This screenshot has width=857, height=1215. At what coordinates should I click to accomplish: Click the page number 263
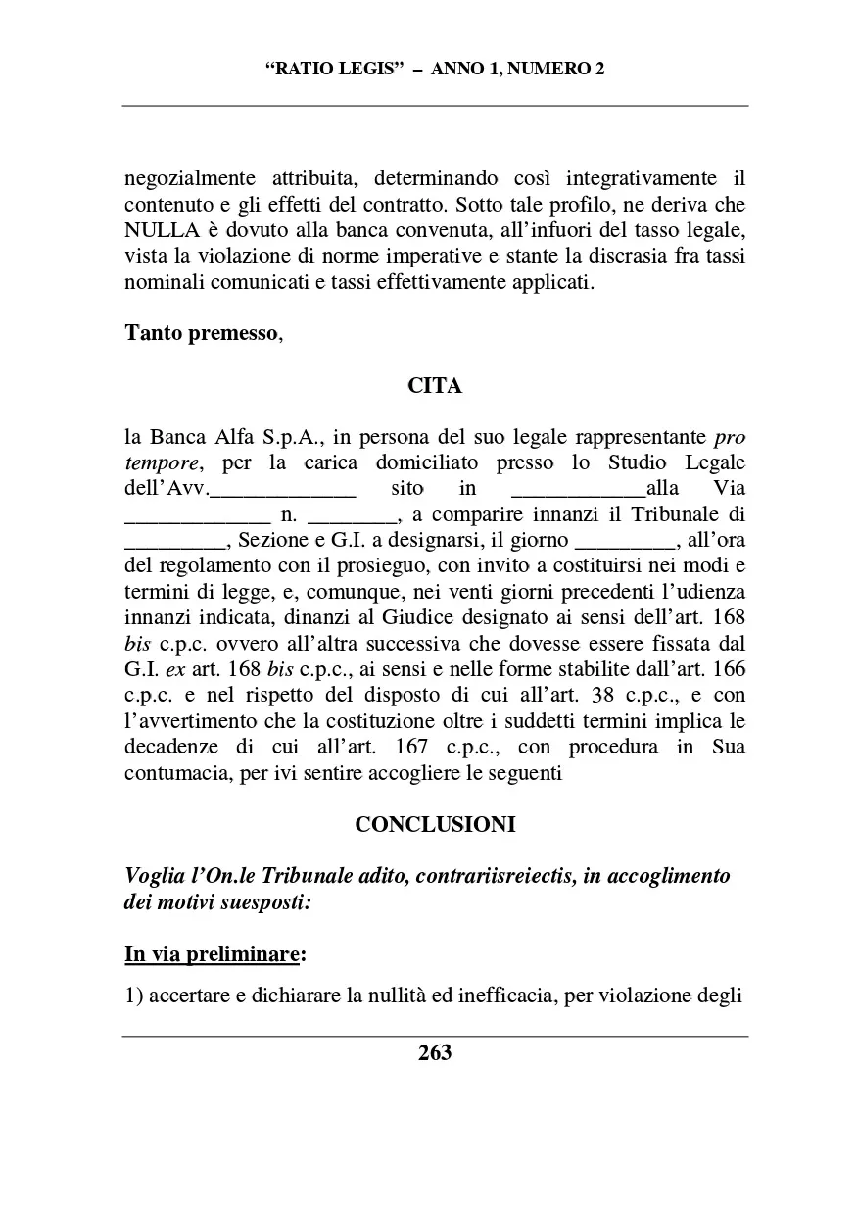coord(435,1053)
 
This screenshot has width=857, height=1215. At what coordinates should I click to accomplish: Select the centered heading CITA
coord(435,386)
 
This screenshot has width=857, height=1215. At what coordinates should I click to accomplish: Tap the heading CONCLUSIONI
coord(435,825)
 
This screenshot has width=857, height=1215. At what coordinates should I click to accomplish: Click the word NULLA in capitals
coord(160,230)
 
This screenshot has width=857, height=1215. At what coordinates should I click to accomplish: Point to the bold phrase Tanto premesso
coord(202,332)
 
